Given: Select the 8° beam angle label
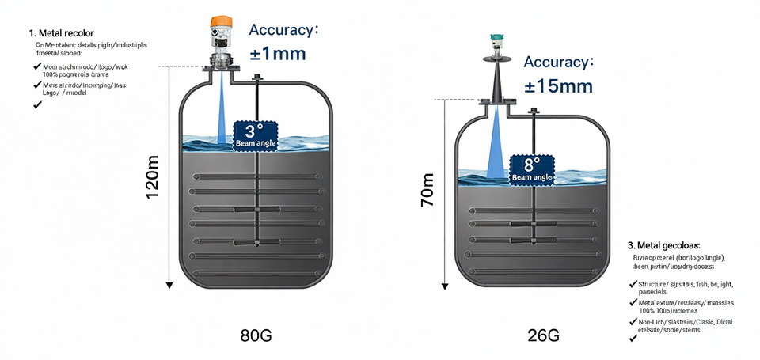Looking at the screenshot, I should click(x=532, y=169).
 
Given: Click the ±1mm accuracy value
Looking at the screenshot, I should click(x=278, y=55).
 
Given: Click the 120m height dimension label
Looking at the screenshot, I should click(x=153, y=177).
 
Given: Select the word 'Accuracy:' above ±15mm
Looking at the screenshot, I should click(x=559, y=61).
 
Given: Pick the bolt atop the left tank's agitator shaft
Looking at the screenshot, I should click(x=256, y=78).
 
